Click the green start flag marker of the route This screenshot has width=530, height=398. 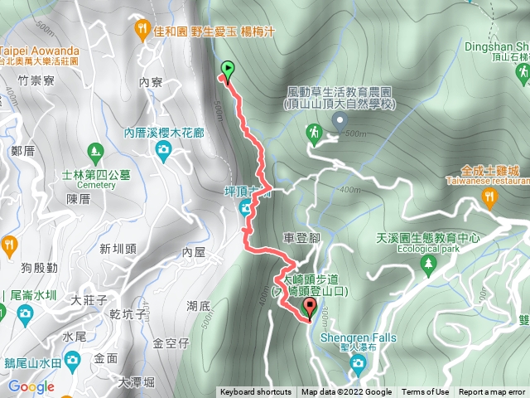pyautogui.click(x=228, y=70)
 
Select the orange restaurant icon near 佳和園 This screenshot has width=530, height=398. pyautogui.click(x=142, y=31)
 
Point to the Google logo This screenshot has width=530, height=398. pyautogui.click(x=31, y=386)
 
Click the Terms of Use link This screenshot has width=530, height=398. pyautogui.click(x=425, y=392)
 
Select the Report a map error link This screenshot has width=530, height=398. pyautogui.click(x=493, y=392)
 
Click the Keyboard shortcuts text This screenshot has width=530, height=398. pyautogui.click(x=255, y=392)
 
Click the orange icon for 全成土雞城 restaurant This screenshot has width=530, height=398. pyautogui.click(x=489, y=197)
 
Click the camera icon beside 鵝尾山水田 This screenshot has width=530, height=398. pyautogui.click(x=72, y=359)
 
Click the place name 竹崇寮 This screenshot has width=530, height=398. pyautogui.click(x=35, y=80)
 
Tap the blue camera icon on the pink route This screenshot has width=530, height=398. pyautogui.click(x=246, y=209)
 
